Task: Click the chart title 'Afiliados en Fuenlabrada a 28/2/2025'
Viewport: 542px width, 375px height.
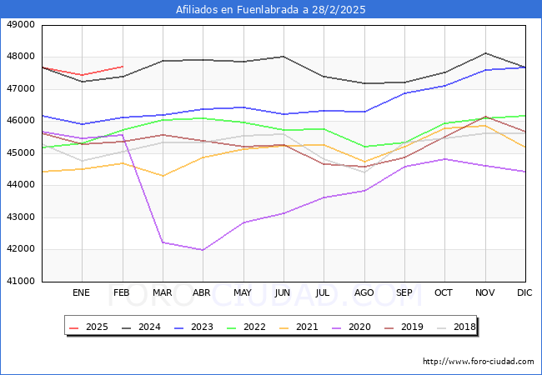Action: tap(271, 10)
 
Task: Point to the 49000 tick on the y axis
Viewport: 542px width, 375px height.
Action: tap(21, 25)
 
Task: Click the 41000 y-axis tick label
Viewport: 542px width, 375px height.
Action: tap(21, 282)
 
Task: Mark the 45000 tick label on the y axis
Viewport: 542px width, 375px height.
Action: tap(21, 153)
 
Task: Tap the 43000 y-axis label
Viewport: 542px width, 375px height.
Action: tap(21, 217)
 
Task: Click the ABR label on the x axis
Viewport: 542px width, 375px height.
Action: tap(203, 293)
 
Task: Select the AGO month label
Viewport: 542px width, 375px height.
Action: tap(364, 293)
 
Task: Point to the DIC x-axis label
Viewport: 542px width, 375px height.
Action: tap(525, 293)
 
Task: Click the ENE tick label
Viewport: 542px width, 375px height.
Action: tap(81, 293)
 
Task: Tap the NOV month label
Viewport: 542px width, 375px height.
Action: tap(484, 293)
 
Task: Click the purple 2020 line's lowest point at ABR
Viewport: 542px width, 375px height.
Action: tap(203, 250)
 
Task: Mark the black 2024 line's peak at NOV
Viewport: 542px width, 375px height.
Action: tap(484, 53)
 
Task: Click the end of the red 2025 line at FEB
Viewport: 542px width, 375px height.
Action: tap(123, 67)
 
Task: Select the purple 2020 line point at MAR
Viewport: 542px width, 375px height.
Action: tap(162, 242)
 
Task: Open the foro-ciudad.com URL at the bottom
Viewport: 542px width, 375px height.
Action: tap(478, 362)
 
